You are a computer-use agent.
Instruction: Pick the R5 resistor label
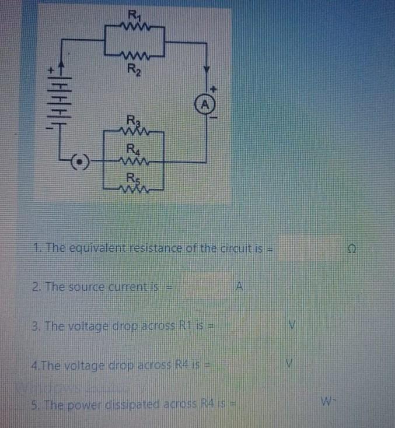[134, 177]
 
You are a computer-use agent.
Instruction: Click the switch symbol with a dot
[82, 159]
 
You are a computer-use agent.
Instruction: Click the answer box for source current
[204, 286]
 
